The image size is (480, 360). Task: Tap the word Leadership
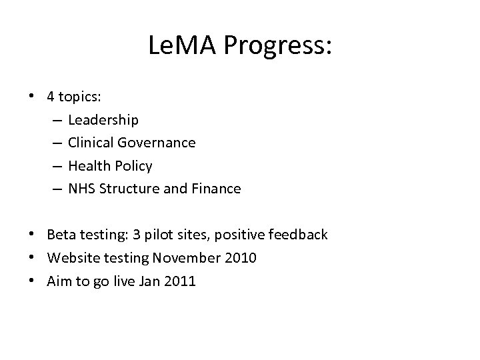(x=103, y=120)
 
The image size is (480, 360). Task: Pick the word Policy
(x=131, y=165)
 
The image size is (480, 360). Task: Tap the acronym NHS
(x=81, y=189)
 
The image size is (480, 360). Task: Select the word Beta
(x=60, y=235)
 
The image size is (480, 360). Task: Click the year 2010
(x=240, y=257)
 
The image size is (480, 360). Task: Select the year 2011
(x=180, y=281)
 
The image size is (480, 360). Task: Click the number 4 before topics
(x=51, y=97)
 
